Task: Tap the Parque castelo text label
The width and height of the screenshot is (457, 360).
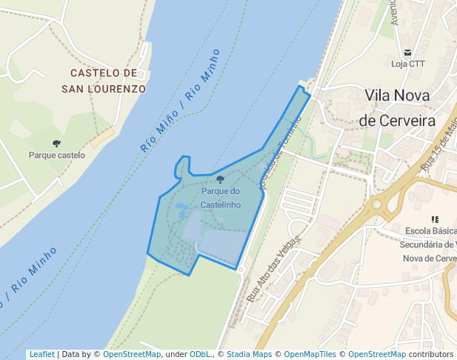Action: [57, 156]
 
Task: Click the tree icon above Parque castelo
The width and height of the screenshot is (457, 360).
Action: [57, 143]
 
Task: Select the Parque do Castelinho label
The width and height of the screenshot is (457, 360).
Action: [220, 198]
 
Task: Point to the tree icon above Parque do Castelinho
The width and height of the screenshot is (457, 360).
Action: [220, 179]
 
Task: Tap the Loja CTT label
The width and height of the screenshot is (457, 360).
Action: [408, 64]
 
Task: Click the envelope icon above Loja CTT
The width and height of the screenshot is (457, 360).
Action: [408, 52]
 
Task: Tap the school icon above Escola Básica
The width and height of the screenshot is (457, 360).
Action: [435, 219]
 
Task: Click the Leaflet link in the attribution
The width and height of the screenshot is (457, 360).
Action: [41, 355]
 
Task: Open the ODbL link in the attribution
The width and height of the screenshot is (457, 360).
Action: [200, 355]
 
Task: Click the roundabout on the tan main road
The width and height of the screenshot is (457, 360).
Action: [376, 204]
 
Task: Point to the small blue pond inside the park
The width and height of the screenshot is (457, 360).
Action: [181, 210]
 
